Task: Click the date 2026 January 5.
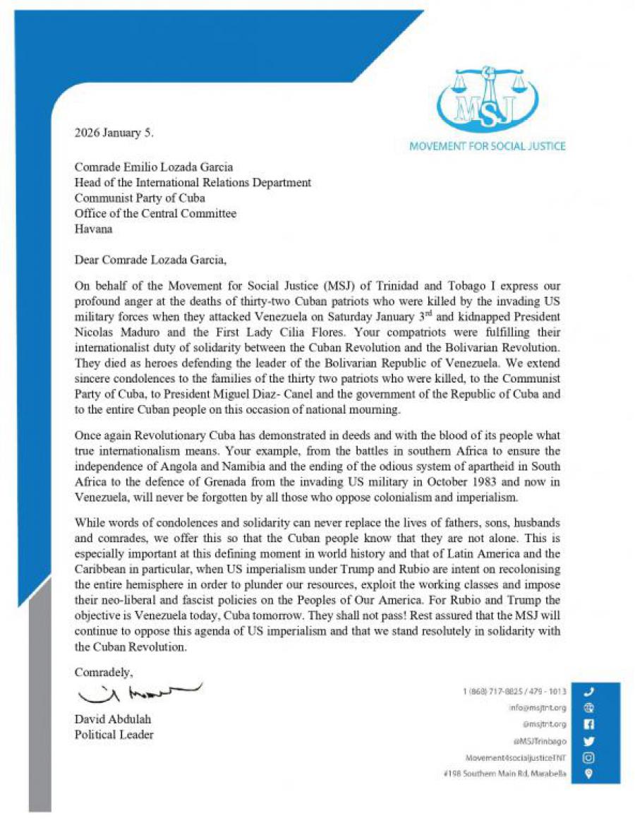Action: pyautogui.click(x=114, y=132)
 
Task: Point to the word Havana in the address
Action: pyautogui.click(x=93, y=229)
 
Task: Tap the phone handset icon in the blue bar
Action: pyautogui.click(x=590, y=692)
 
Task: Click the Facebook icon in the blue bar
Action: pyautogui.click(x=590, y=724)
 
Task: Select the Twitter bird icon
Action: pyautogui.click(x=590, y=741)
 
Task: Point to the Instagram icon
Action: pyautogui.click(x=590, y=757)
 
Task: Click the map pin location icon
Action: pyautogui.click(x=590, y=774)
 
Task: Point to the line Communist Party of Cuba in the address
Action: pyautogui.click(x=135, y=198)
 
